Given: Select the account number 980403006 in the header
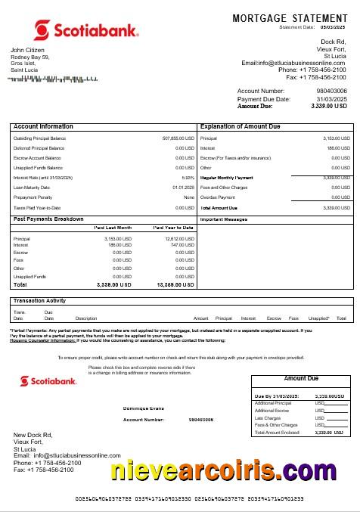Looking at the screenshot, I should point(332,92).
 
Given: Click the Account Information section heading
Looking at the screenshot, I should point(43,126).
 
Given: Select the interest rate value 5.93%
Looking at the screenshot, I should point(188,178).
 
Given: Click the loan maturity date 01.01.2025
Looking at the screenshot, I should point(183,188).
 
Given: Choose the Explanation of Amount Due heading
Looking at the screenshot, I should point(240,126).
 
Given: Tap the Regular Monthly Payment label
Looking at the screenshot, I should point(227,178).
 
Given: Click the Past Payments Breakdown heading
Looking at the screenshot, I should point(48,219).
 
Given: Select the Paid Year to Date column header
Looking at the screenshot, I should point(173,228).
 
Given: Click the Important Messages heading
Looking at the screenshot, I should point(224,219).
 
